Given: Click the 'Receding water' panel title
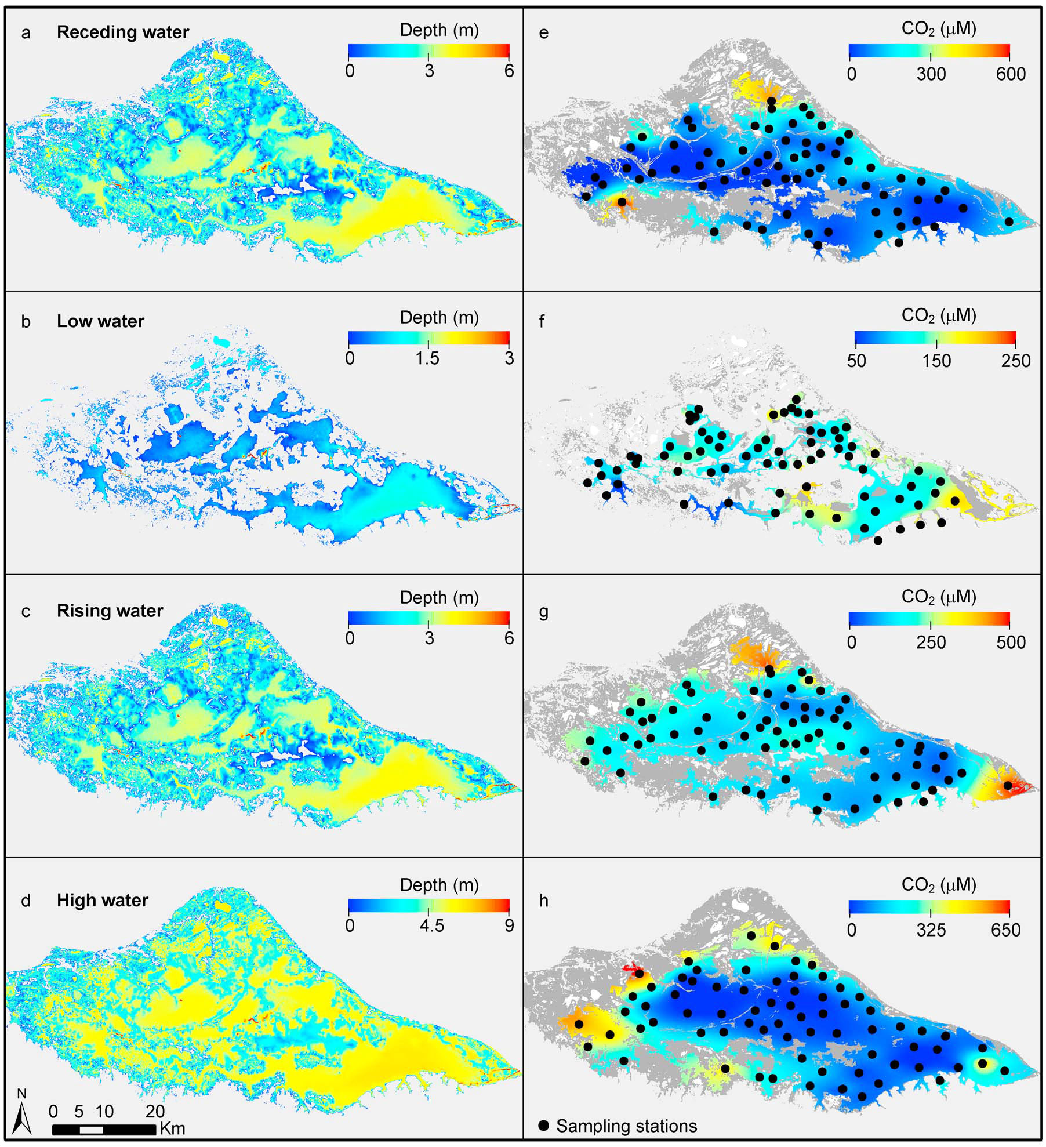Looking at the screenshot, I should click(123, 32).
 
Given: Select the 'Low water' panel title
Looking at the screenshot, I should click(100, 321).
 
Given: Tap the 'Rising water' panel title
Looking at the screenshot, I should click(110, 611).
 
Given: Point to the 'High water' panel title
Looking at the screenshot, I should click(103, 900).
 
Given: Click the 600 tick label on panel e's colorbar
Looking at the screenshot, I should click(1011, 74).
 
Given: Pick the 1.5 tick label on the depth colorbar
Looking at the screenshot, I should click(427, 358).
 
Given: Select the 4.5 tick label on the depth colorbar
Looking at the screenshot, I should click(432, 925).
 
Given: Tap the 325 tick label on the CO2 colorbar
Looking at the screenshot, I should click(931, 930).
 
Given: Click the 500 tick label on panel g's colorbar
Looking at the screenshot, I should click(1011, 642).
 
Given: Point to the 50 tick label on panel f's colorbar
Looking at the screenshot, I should click(856, 361).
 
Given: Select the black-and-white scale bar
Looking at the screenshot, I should click(104, 1130).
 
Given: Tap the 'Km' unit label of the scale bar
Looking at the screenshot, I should click(172, 1128).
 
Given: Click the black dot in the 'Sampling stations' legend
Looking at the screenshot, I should click(543, 1126).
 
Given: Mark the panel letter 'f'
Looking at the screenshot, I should click(542, 321).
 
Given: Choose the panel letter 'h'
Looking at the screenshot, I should click(543, 901).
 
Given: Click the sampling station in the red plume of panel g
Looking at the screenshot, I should click(1008, 785).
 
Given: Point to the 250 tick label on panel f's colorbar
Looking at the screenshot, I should click(1015, 361).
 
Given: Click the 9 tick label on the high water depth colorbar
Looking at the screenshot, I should click(509, 925).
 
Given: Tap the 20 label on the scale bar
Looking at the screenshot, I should click(155, 1111).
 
